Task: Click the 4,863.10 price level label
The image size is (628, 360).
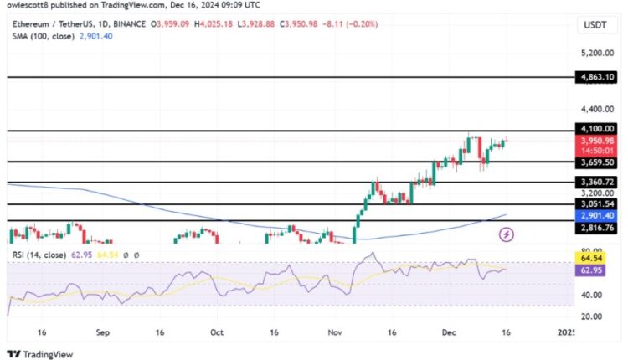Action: [596, 77]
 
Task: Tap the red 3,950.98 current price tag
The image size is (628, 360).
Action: [596, 141]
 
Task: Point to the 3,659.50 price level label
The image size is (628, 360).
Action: [596, 162]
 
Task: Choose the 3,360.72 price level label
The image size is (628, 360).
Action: [596, 182]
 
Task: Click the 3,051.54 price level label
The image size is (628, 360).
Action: [596, 203]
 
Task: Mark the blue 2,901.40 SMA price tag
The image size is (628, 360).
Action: [596, 215]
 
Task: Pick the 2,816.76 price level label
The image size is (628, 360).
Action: [596, 227]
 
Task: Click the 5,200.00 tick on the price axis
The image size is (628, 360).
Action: [596, 53]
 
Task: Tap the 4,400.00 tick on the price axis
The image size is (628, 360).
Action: [596, 109]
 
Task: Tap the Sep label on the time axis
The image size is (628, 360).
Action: [102, 332]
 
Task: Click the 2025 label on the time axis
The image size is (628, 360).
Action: [567, 332]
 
